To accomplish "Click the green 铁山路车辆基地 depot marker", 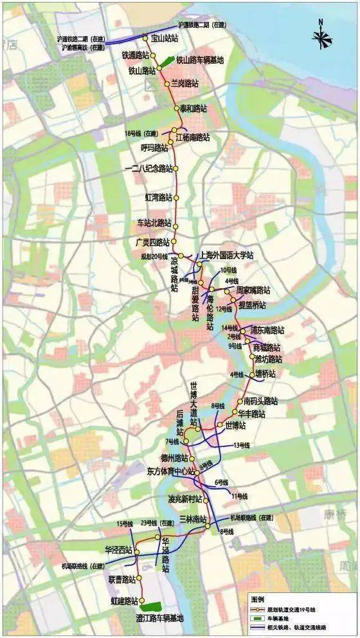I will click(x=166, y=62).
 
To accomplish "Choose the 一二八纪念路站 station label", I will click(x=148, y=169).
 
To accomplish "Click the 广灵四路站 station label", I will click(x=152, y=242).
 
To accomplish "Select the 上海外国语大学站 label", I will click(x=228, y=255).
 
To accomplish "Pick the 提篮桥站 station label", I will click(x=252, y=304).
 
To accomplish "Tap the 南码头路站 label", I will click(x=260, y=401).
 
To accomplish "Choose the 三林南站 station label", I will click(x=193, y=518).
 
